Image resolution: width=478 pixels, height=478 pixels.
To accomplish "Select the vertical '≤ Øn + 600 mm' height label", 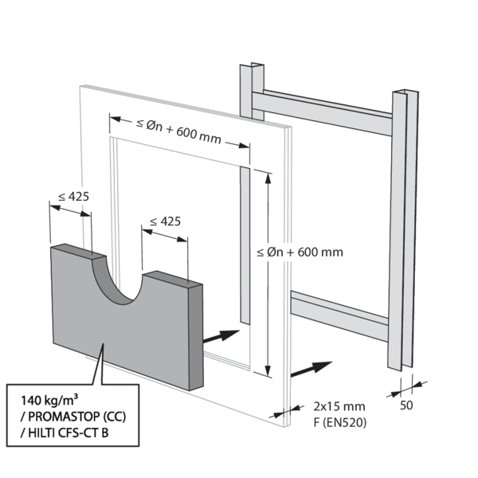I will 300,253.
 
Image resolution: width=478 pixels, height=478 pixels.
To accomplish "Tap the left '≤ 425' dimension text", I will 73,196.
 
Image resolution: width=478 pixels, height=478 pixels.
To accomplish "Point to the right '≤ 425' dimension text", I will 164,221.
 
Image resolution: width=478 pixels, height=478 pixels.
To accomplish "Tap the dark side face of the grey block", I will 195,335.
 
